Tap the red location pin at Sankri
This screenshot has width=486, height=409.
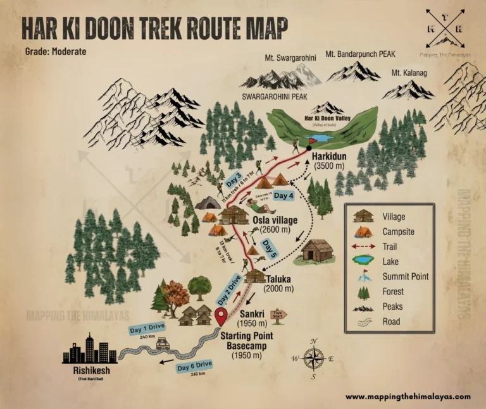(221, 316)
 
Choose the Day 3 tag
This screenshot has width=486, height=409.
(234, 180)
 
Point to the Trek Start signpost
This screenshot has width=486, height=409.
(278, 314)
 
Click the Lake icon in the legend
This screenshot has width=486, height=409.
(363, 259)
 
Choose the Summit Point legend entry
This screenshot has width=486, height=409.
(406, 276)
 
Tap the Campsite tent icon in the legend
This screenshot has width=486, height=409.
(363, 233)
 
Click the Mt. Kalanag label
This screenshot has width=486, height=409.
(409, 73)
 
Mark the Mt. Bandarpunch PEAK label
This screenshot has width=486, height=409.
(360, 54)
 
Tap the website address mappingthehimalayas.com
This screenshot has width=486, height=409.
(408, 396)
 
